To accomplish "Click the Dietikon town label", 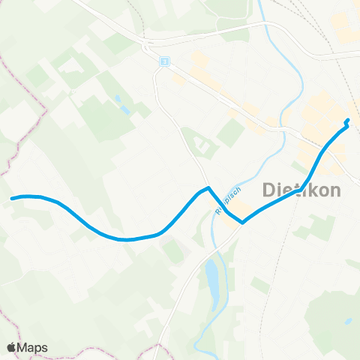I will pyautogui.click(x=301, y=190).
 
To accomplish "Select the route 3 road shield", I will pyautogui.click(x=163, y=61).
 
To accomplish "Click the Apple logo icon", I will pyautogui.click(x=12, y=347).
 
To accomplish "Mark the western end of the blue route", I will pyautogui.click(x=13, y=198).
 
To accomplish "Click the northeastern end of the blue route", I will pyautogui.click(x=347, y=121).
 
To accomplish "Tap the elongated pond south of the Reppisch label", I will pyautogui.click(x=213, y=278).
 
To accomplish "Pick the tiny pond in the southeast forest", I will pyautogui.click(x=347, y=322).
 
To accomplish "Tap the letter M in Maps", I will pyautogui.click(x=24, y=347).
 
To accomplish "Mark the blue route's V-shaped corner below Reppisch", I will pyautogui.click(x=242, y=222).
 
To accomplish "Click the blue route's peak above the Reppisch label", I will pyautogui.click(x=208, y=188).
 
